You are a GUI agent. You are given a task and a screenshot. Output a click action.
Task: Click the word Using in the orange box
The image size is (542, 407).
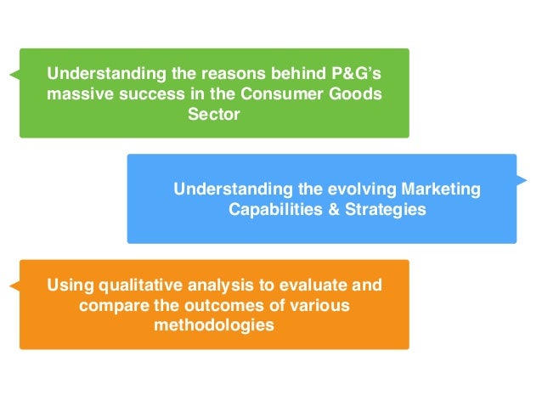[x=70, y=285]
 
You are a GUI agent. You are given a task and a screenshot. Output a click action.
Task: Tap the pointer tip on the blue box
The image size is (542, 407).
[x=526, y=181]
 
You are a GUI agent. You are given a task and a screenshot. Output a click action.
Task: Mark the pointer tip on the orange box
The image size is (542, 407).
[x=11, y=285]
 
